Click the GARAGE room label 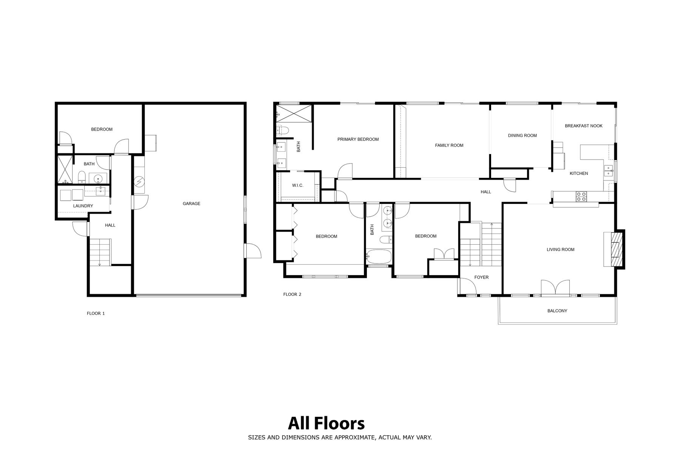(192, 203)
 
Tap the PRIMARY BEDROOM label (358, 139)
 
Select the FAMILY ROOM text (449, 145)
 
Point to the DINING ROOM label (522, 136)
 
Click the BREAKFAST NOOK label (584, 126)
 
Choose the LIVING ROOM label (560, 250)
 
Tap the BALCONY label (557, 311)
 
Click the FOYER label (481, 277)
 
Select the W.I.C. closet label (298, 185)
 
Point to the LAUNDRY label (83, 206)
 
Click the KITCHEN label (579, 174)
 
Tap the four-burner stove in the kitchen (581, 196)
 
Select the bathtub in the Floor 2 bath (379, 257)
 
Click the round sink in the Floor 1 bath (98, 179)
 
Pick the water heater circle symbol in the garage (139, 182)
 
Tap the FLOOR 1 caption (96, 313)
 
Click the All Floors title (326, 424)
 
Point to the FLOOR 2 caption (292, 294)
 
